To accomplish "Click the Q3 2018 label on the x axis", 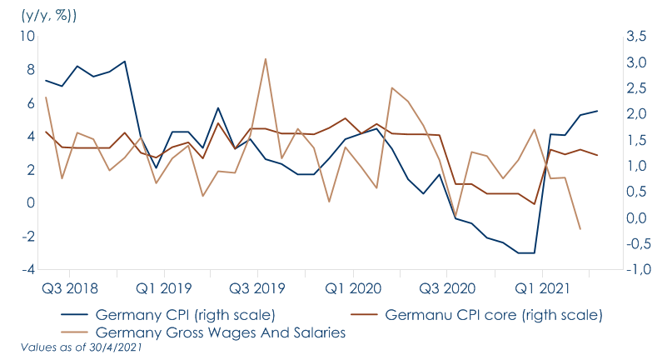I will (x=69, y=288).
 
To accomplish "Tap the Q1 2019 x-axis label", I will (x=164, y=288).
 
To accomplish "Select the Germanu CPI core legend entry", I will (x=491, y=316).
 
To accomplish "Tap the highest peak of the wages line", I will (x=265, y=59).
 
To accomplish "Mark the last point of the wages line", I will (x=580, y=229).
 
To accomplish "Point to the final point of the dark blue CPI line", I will (x=596, y=111).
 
